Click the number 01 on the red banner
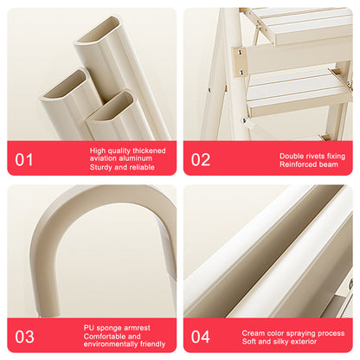pyautogui.click(x=25, y=159)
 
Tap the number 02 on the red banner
pyautogui.click(x=201, y=159)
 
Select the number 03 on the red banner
pyautogui.click(x=25, y=336)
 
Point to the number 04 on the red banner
pyautogui.click(x=201, y=336)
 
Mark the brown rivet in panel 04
pyautogui.click(x=350, y=284)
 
